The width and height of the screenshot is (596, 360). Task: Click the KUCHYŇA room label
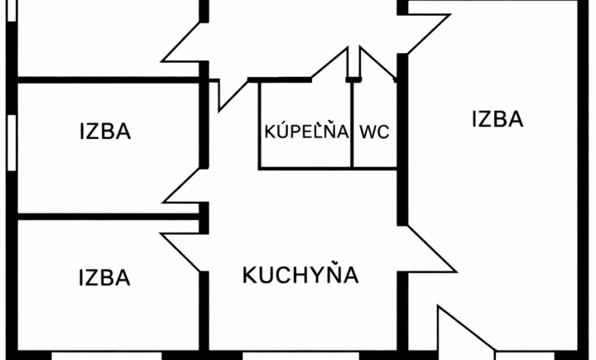pos(300,275)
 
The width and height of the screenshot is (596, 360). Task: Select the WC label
pos(375,132)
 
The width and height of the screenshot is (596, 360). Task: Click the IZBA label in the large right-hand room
pos(497,119)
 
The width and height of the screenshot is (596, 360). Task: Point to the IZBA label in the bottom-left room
pos(105,278)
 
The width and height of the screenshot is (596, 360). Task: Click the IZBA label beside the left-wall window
pos(105,132)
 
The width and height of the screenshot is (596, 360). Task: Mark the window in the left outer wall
pos(12,141)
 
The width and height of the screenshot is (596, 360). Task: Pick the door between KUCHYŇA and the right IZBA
pos(430,248)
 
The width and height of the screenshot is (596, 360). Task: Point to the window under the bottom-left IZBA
pos(106,356)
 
